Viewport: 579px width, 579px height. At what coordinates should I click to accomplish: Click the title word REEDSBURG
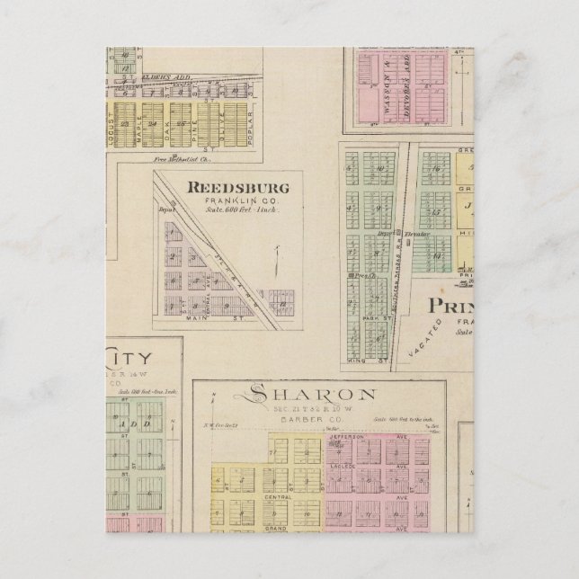236,188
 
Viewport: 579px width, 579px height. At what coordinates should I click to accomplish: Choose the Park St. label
375,319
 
